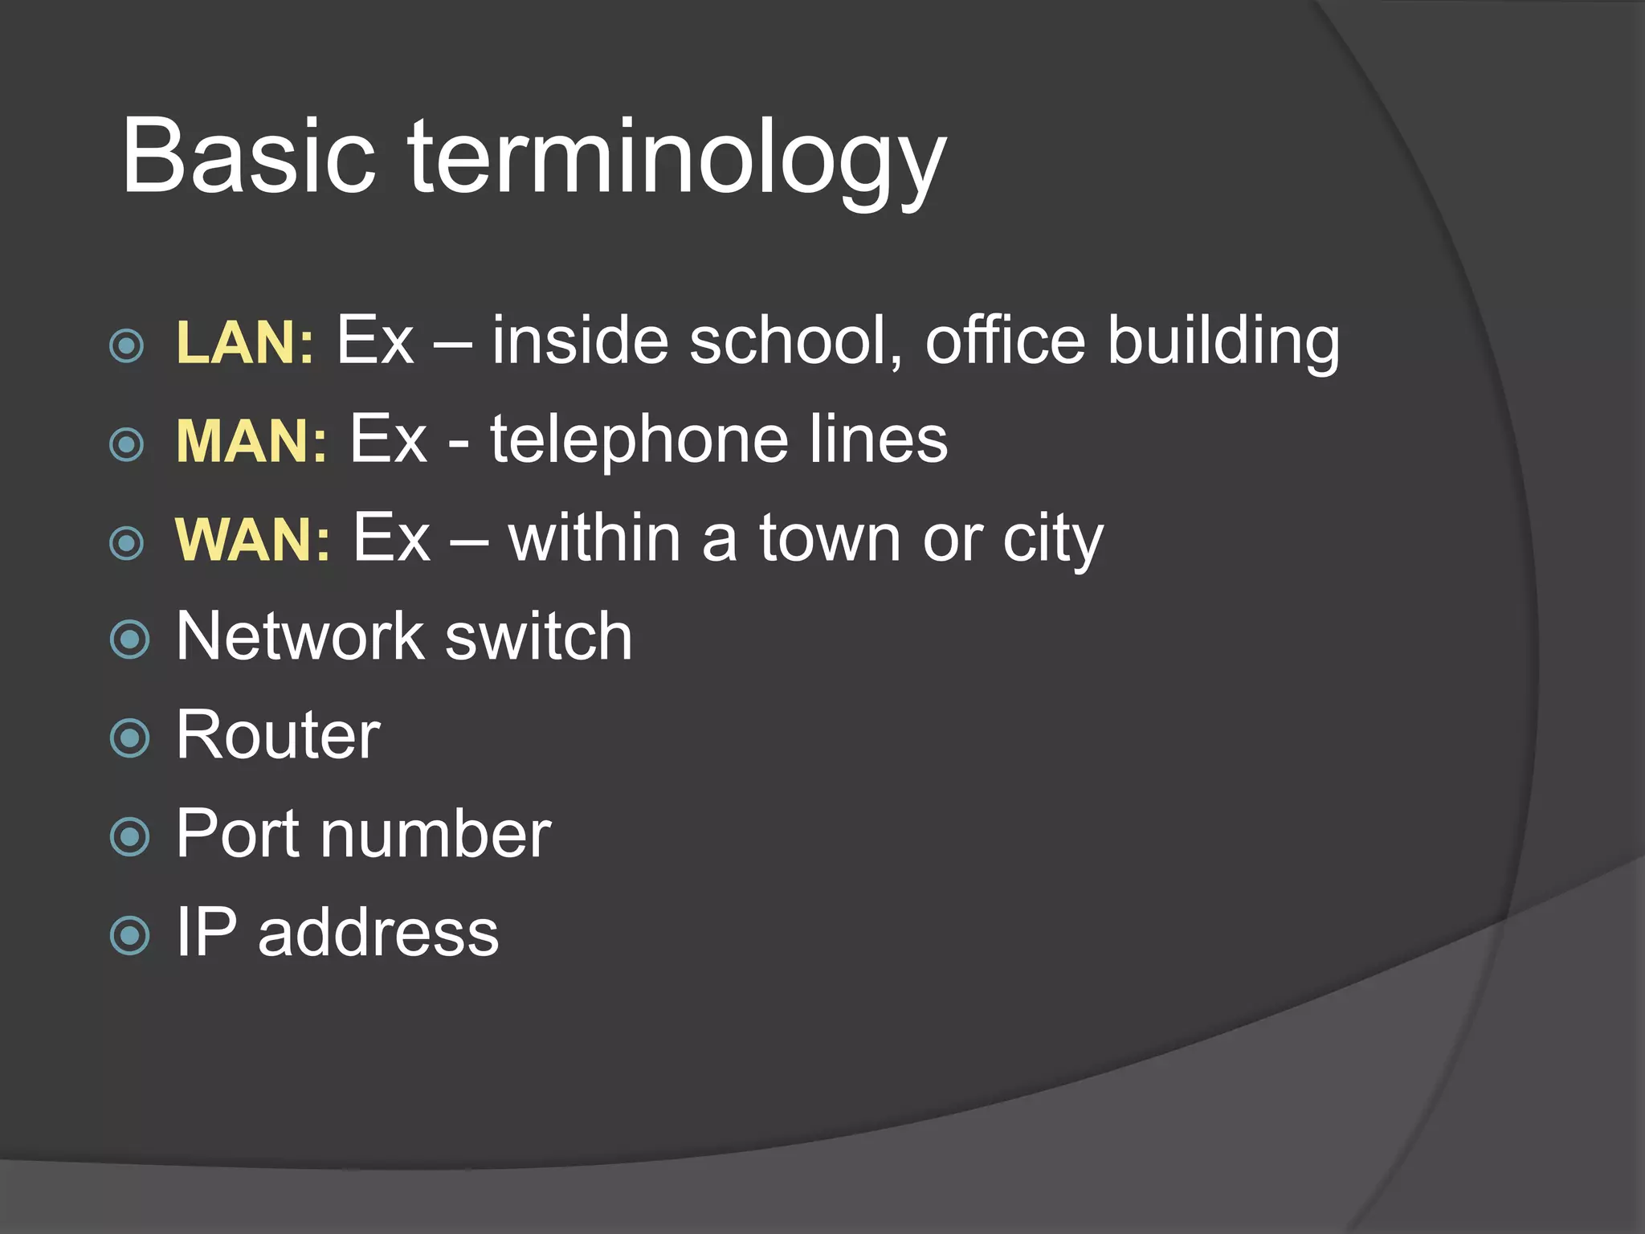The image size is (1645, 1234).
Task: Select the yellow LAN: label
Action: click(x=244, y=343)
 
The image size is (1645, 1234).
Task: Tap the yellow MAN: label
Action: click(x=251, y=441)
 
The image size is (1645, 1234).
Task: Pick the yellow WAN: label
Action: click(x=252, y=539)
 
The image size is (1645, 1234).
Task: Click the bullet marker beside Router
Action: click(x=129, y=738)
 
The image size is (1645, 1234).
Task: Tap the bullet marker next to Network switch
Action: click(x=129, y=639)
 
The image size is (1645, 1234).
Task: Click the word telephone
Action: click(x=639, y=441)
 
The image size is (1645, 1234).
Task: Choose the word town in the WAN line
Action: click(x=830, y=539)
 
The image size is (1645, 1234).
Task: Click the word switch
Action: click(x=538, y=636)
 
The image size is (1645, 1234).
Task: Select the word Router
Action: click(x=278, y=735)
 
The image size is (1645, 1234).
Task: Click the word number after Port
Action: click(x=435, y=834)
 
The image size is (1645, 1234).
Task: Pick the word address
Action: click(x=378, y=933)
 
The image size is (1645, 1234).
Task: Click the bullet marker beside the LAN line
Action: click(x=127, y=346)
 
